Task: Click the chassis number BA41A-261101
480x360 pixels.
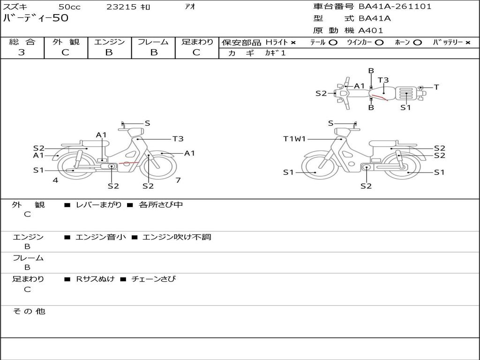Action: (395, 7)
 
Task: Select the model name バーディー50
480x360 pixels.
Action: (36, 18)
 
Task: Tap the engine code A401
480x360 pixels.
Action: (371, 30)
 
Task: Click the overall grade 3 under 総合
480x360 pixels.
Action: (22, 52)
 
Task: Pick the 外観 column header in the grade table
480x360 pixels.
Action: (66, 42)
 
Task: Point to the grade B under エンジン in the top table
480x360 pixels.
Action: (109, 52)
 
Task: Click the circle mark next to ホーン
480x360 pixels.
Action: (418, 43)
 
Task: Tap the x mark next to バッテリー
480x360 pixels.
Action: (468, 43)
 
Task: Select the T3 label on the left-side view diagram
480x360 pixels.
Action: (178, 139)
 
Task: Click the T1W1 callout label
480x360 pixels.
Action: (294, 139)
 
